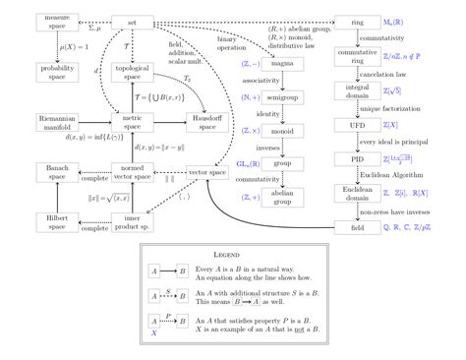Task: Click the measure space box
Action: click(x=55, y=21)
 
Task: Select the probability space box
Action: click(x=55, y=71)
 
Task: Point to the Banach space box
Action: click(x=55, y=174)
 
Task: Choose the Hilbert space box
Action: click(x=55, y=224)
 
